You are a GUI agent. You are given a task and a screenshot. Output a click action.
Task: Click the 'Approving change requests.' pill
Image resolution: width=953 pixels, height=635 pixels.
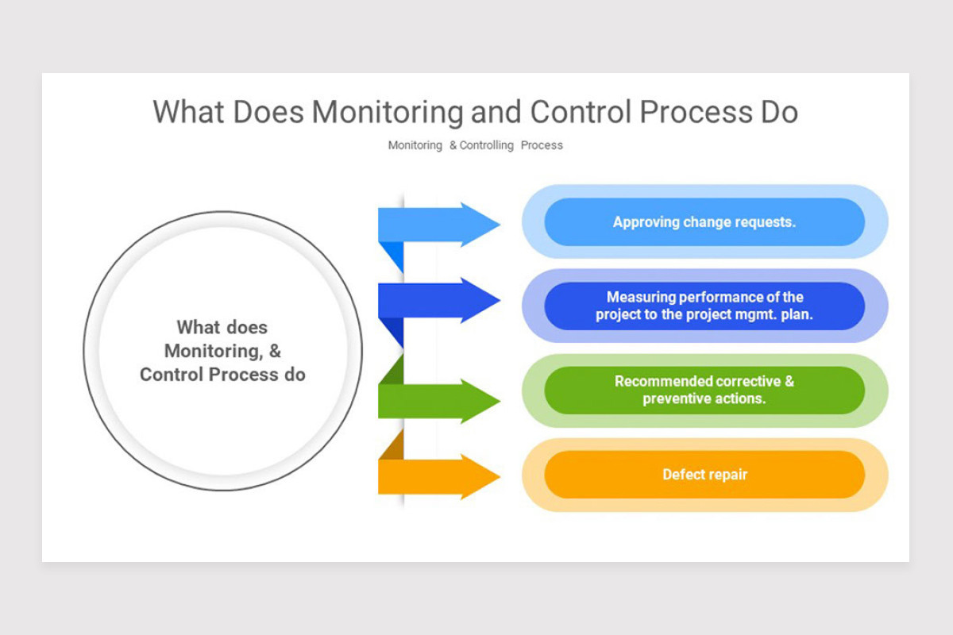704,222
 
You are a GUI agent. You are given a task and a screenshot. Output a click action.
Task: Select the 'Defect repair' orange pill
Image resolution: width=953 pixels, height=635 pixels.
704,475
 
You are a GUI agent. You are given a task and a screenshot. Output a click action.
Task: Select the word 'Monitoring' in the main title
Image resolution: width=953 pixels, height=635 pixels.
387,112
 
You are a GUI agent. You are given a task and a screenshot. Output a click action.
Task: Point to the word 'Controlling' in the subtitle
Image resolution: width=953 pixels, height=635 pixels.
487,145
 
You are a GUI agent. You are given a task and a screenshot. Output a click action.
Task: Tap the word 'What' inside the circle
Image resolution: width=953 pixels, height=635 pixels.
198,327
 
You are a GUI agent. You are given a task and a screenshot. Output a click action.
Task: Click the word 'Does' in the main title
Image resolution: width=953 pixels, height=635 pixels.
268,112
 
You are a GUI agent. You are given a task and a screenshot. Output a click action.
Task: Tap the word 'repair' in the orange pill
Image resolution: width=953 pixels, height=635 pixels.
727,475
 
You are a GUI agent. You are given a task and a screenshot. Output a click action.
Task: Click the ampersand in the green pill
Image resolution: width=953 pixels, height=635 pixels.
789,381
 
